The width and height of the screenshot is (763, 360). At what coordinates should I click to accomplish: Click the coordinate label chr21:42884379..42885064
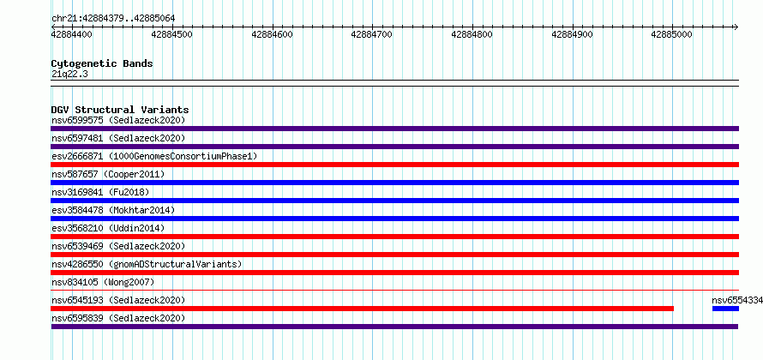[x=113, y=19]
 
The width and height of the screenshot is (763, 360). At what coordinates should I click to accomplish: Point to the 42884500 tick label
[x=171, y=34]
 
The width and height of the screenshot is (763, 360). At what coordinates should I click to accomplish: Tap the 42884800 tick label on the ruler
[x=472, y=34]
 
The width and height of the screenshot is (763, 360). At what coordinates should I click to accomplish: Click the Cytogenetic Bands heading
[x=102, y=63]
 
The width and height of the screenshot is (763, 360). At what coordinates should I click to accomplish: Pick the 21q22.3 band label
[x=69, y=75]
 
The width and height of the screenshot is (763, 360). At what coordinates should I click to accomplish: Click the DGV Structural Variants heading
[x=120, y=110]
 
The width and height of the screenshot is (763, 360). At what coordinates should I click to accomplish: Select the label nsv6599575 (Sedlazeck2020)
[x=118, y=120]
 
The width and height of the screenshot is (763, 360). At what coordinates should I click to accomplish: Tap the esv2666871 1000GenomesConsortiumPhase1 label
[x=154, y=156]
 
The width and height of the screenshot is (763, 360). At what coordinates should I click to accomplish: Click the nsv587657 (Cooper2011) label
[x=108, y=174]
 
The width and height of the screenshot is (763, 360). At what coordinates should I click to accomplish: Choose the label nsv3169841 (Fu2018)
[x=100, y=192]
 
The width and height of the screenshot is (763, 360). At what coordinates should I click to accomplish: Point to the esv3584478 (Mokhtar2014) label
[x=113, y=210]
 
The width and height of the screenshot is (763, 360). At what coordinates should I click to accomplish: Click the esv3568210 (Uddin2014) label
[x=108, y=228]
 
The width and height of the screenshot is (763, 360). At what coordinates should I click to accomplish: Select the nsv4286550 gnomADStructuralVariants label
[x=147, y=264]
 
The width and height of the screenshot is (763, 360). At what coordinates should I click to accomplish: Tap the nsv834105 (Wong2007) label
[x=103, y=282]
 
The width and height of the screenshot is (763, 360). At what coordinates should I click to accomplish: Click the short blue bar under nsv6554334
[x=725, y=309]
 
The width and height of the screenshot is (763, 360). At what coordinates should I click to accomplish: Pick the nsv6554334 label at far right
[x=737, y=300]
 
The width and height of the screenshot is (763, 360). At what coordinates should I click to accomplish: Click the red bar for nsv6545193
[x=363, y=309]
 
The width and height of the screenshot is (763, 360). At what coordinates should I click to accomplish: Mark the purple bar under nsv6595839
[x=394, y=327]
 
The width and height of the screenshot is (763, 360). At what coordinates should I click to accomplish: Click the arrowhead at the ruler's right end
[x=736, y=27]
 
